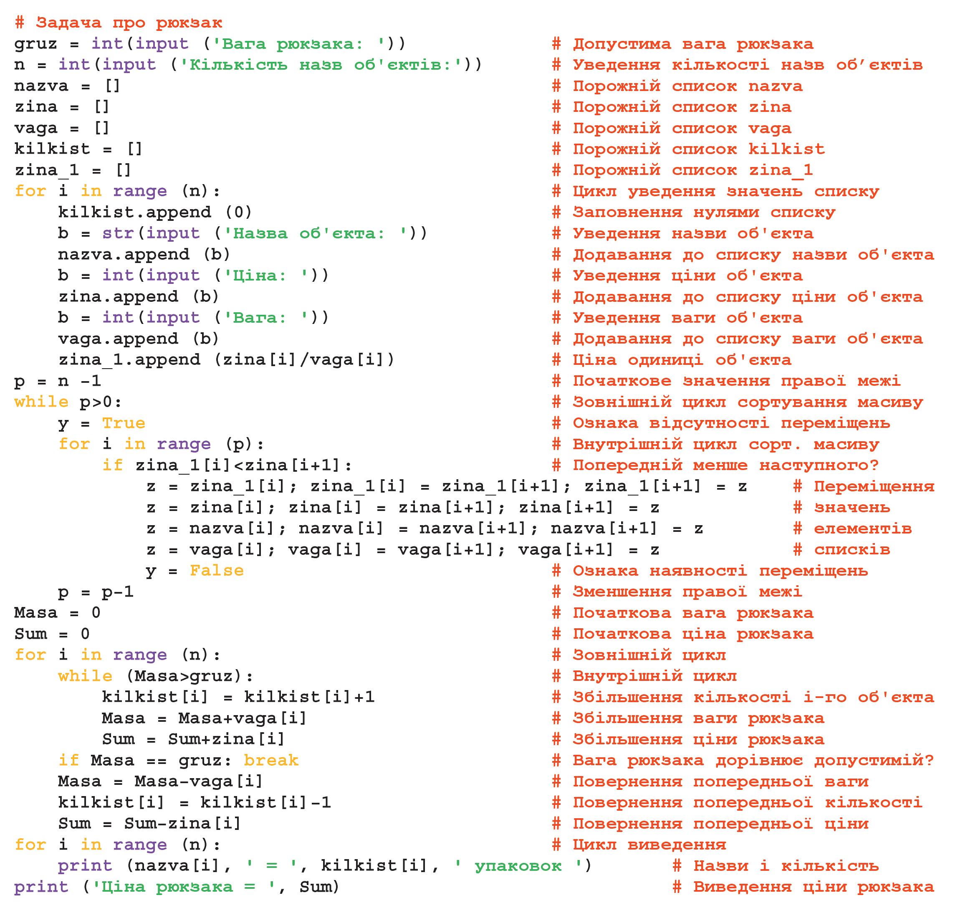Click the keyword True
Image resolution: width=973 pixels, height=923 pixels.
point(124,423)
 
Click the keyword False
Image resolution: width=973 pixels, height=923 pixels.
point(217,571)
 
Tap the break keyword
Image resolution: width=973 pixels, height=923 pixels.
point(270,761)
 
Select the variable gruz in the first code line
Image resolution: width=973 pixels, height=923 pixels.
point(35,44)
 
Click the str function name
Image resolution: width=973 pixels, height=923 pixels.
point(118,233)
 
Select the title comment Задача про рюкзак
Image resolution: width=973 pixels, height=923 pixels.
point(119,23)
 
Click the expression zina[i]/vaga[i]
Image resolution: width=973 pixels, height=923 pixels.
point(303,360)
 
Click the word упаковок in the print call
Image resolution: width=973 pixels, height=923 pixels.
point(517,866)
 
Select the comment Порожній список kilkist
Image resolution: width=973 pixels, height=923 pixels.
point(688,149)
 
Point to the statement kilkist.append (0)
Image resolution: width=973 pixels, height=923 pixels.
point(154,212)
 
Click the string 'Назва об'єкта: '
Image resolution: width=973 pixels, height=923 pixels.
point(315,233)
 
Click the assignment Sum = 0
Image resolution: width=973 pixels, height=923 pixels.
point(52,634)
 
